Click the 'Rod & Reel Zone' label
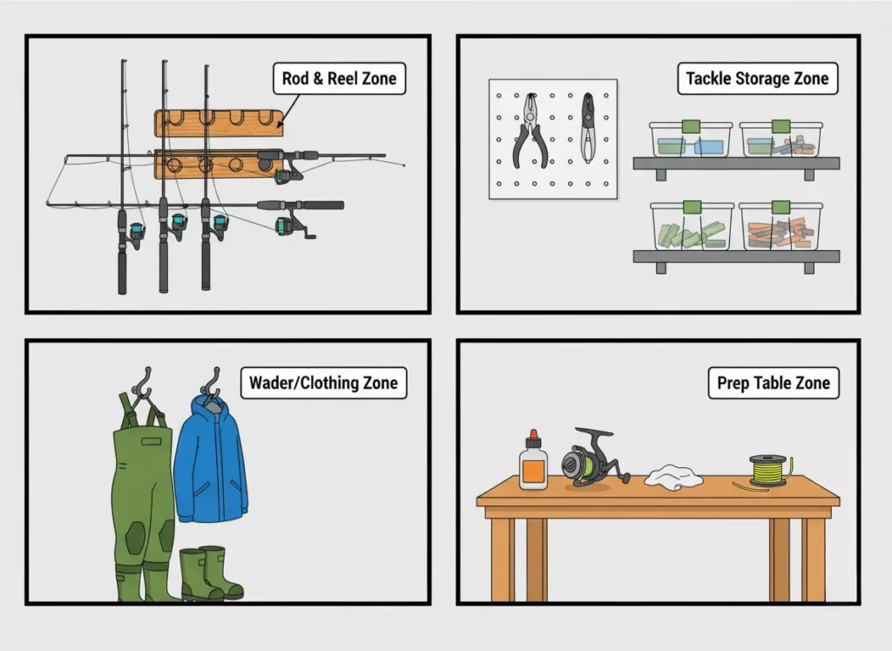(x=339, y=78)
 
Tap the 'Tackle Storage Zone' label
(x=757, y=78)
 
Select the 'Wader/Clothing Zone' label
(x=323, y=383)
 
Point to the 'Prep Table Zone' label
(x=774, y=383)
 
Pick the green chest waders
(x=142, y=495)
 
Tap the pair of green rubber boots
(x=211, y=573)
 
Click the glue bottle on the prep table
(x=533, y=462)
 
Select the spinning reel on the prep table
(x=591, y=458)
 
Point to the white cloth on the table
(x=673, y=477)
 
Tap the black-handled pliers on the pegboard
(x=530, y=131)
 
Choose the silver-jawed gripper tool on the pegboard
(x=588, y=128)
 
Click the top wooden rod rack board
(x=219, y=124)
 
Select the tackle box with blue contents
(x=691, y=139)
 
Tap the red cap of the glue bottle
(x=533, y=438)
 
